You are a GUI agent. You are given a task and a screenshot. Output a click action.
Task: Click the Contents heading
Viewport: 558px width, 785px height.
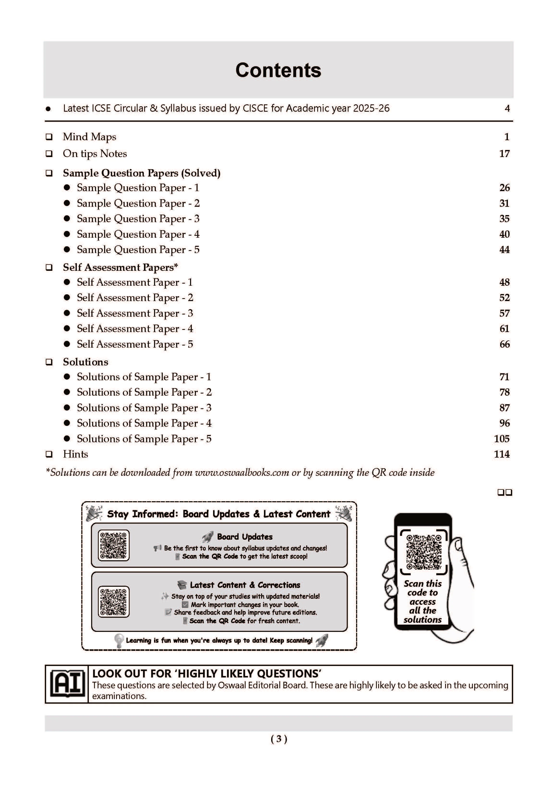pos(278,70)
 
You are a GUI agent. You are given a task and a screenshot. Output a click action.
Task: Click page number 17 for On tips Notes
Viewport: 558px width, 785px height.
pos(504,154)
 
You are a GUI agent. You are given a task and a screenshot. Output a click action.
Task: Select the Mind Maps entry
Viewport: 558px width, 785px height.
pos(89,137)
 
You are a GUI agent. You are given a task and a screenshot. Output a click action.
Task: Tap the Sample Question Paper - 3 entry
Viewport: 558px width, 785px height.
pos(138,219)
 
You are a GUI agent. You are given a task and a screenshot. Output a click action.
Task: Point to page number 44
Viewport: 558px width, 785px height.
pos(504,249)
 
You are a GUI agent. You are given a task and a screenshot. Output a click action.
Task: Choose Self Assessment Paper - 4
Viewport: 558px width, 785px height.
pos(135,329)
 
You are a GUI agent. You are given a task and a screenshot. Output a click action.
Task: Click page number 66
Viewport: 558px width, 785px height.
pos(504,344)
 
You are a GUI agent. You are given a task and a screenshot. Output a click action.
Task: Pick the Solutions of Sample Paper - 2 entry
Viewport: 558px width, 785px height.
pos(144,392)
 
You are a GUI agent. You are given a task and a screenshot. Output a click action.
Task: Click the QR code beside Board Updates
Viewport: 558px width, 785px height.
pos(114,545)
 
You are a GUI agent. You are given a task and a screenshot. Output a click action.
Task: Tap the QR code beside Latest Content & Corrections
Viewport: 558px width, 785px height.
pos(114,602)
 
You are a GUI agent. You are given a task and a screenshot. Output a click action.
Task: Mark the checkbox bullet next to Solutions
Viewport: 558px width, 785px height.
pos(49,362)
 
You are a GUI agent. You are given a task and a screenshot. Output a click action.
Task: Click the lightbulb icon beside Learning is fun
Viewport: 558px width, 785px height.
pos(119,641)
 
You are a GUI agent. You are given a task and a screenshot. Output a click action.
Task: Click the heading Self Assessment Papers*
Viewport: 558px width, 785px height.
pos(120,267)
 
